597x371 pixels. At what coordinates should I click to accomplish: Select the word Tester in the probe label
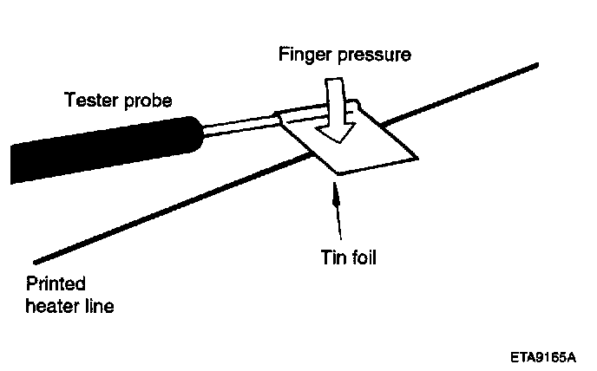[x=89, y=101]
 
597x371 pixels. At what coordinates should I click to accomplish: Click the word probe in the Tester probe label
[x=148, y=101]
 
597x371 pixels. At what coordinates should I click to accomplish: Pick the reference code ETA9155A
[x=547, y=355]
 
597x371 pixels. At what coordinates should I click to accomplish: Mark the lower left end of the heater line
[x=35, y=260]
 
